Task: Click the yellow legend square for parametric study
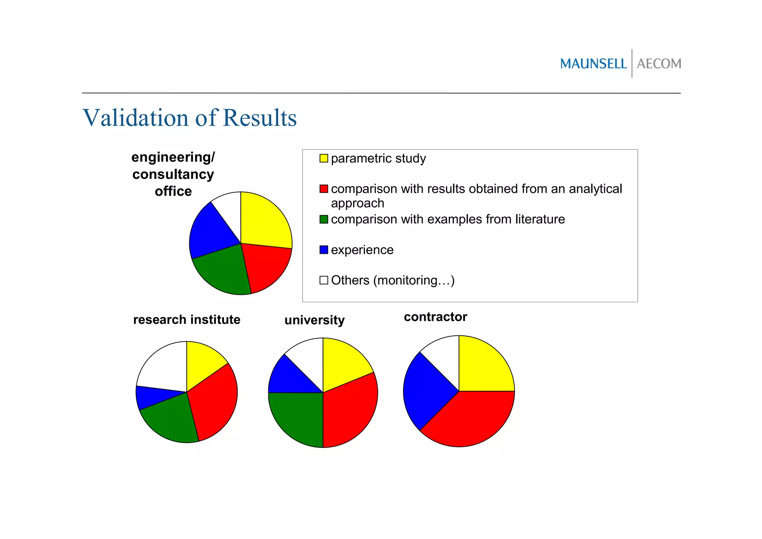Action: click(x=324, y=158)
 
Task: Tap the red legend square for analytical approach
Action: click(x=324, y=189)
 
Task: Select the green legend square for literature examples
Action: click(x=324, y=219)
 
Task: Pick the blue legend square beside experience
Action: click(x=324, y=250)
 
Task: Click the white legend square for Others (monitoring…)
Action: click(x=324, y=280)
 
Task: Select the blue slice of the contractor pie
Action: click(x=424, y=391)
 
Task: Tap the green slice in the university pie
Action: click(x=298, y=417)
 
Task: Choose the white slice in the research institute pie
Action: click(x=164, y=367)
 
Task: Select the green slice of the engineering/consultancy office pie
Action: click(x=223, y=272)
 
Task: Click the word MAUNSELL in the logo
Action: click(x=593, y=64)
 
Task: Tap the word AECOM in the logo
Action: click(x=659, y=64)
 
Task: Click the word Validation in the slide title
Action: click(x=136, y=118)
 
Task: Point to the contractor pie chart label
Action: click(x=435, y=317)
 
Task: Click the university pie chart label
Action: click(x=314, y=320)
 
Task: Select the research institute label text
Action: click(x=186, y=320)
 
